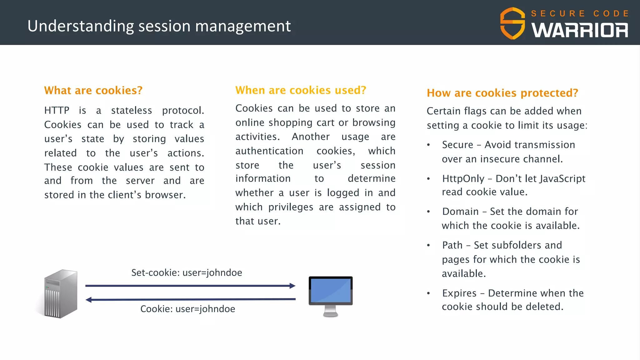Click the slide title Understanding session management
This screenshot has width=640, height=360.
(159, 26)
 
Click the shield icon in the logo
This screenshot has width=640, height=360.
(512, 23)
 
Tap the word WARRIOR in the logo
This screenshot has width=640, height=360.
(580, 30)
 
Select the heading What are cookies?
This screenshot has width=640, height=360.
(93, 90)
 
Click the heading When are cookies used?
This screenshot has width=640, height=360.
(301, 90)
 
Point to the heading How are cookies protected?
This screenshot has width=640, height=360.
(502, 93)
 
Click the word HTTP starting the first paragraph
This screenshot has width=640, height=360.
(57, 110)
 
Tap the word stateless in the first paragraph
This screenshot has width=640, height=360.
(131, 110)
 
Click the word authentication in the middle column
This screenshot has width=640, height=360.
(269, 151)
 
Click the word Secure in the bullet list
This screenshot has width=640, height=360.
(457, 145)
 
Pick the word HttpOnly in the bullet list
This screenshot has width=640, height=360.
(463, 178)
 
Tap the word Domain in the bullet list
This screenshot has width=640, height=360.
(460, 212)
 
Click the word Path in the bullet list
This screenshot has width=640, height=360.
(452, 245)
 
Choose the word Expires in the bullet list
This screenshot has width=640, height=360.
(459, 293)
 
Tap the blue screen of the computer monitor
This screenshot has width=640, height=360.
(331, 290)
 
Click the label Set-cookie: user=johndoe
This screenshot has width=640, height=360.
(187, 272)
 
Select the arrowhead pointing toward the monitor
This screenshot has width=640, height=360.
(292, 286)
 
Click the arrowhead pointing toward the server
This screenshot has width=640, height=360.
(89, 300)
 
